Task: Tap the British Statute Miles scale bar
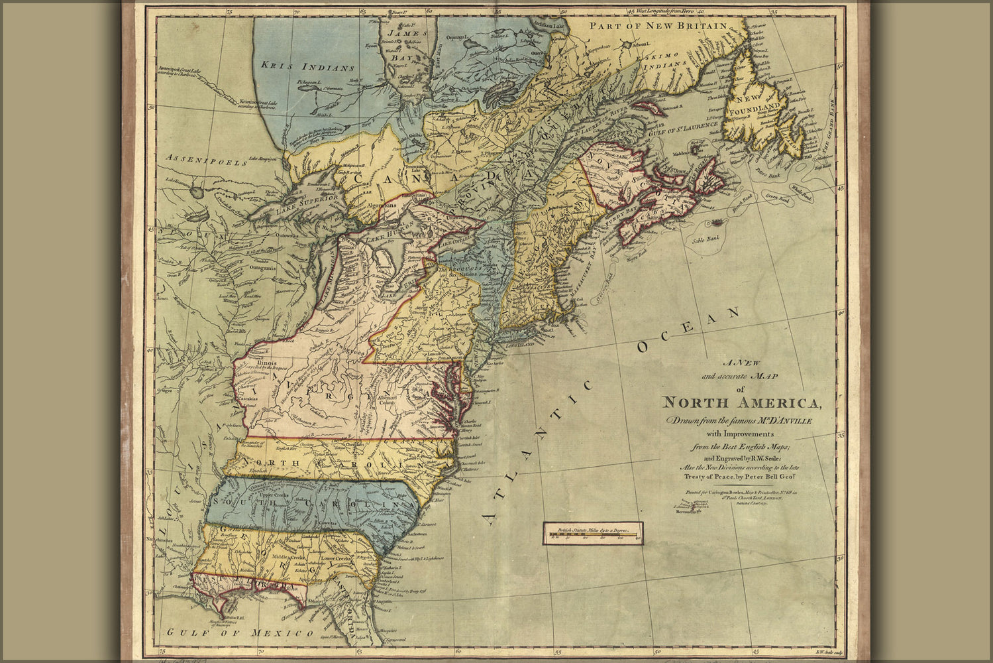(x=592, y=532)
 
